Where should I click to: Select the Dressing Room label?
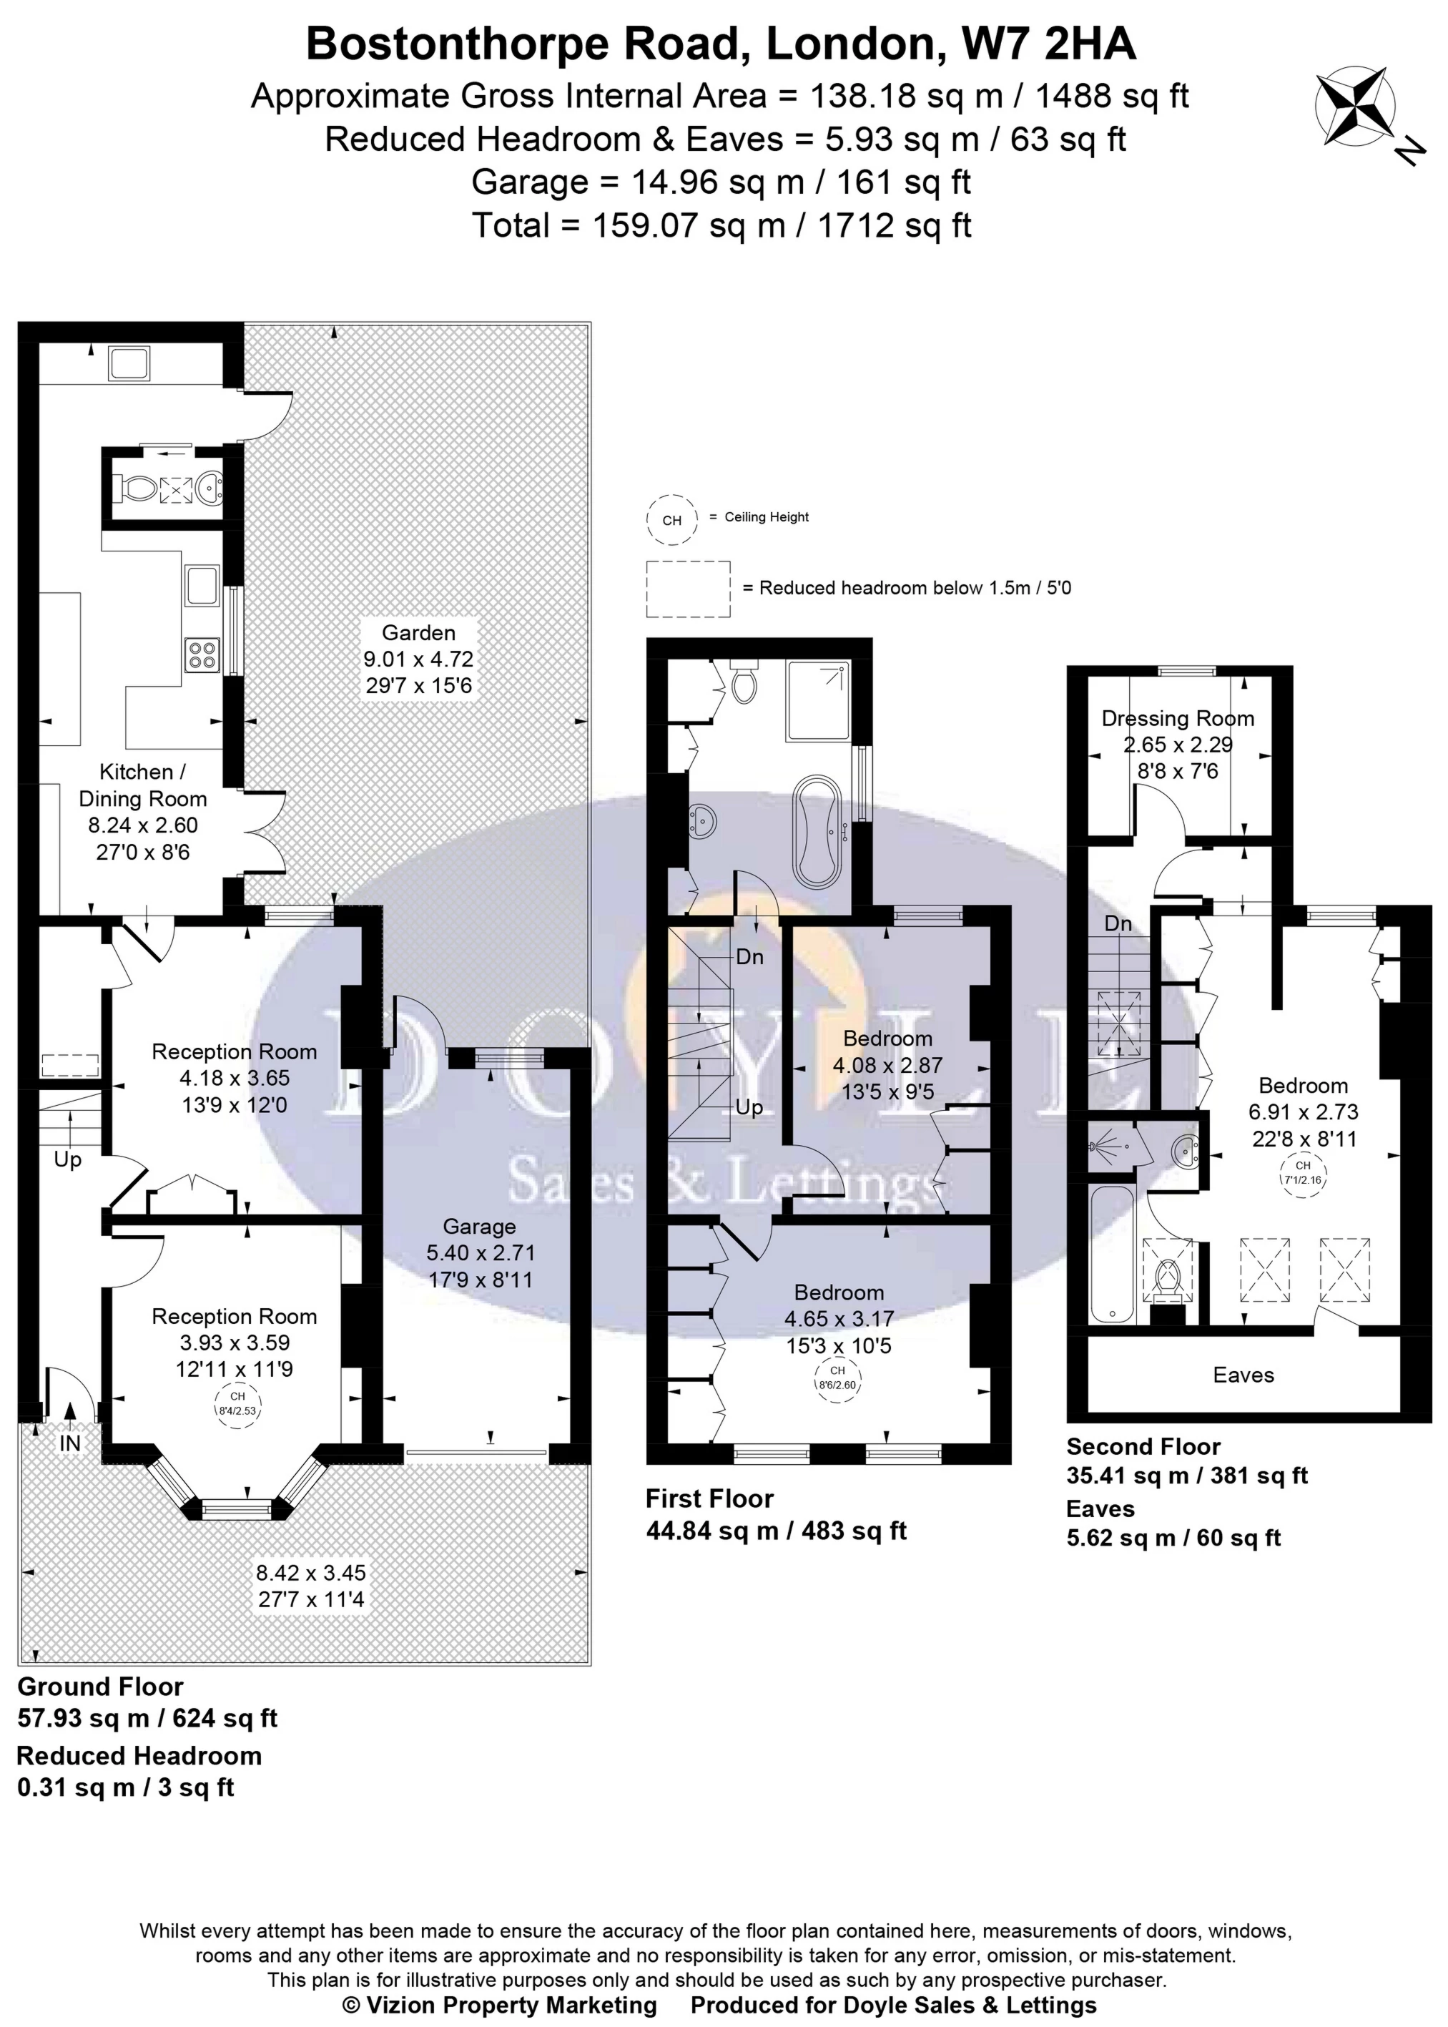pyautogui.click(x=1178, y=718)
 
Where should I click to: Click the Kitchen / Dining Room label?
pyautogui.click(x=143, y=785)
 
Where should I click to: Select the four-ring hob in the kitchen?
pyautogui.click(x=202, y=655)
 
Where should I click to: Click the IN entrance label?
pyautogui.click(x=69, y=1443)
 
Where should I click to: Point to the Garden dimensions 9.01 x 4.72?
pyautogui.click(x=418, y=660)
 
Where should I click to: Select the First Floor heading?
pyautogui.click(x=710, y=1498)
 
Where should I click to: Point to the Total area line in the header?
pyautogui.click(x=721, y=225)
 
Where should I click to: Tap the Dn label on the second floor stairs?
pyautogui.click(x=1118, y=923)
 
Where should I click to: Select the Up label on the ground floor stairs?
pyautogui.click(x=68, y=1159)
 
